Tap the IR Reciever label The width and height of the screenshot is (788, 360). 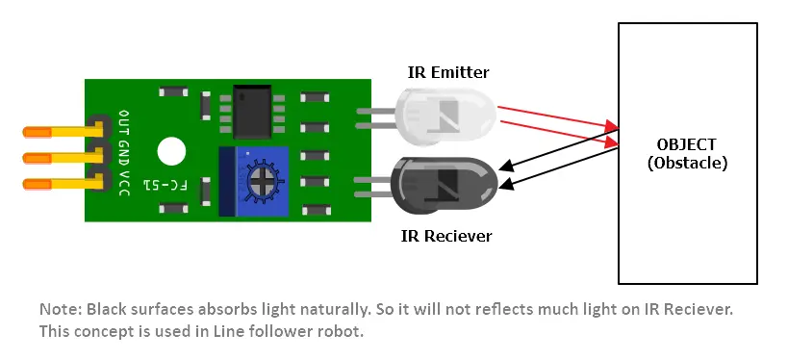pos(445,236)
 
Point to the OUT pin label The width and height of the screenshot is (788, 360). pos(123,123)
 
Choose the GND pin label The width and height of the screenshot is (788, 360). pos(123,151)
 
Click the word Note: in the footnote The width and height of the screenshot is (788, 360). pos(61,310)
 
